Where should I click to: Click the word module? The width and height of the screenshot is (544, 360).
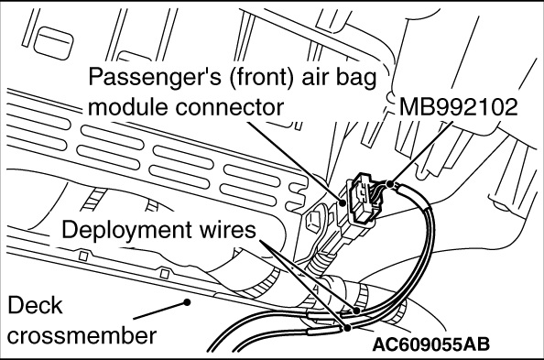point(128,106)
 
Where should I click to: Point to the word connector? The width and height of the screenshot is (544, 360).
point(229,107)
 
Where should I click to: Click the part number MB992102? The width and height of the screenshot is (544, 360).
point(459,107)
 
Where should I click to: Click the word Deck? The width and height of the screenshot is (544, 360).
point(35,306)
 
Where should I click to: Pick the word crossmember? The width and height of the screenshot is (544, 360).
point(82,336)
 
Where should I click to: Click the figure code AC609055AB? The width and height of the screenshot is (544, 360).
point(431,344)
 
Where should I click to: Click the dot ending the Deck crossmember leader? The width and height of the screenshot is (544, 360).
point(187,302)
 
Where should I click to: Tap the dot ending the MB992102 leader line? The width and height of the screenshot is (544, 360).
point(391,184)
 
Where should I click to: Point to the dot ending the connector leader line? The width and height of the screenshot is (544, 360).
point(343,202)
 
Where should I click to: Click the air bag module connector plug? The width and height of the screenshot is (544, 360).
point(363,200)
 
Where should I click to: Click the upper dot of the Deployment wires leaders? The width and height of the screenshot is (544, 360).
point(356,311)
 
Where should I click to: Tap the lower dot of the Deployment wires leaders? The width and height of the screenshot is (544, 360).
point(347,327)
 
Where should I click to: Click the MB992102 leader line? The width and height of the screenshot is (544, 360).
point(421,153)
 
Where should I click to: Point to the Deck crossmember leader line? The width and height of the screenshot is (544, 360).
point(160,310)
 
